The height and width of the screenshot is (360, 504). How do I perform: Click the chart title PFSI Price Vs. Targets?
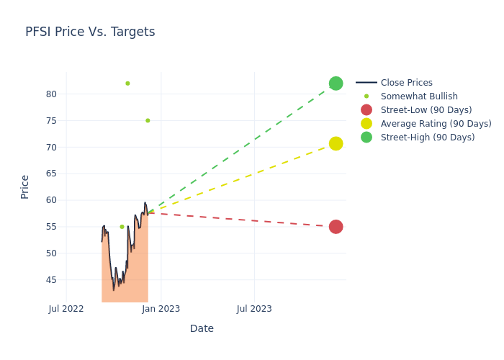pos(90,32)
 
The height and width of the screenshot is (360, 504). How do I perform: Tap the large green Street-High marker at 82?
pos(336,84)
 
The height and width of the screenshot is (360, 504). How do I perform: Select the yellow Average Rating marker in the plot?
pos(336,143)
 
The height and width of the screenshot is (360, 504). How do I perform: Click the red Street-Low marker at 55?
pos(336,227)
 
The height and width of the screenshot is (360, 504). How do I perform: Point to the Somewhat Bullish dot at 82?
pos(127,84)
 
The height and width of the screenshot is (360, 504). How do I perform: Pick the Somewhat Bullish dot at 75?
pos(148,120)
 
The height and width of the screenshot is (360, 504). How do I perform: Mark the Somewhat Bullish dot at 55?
pos(122,227)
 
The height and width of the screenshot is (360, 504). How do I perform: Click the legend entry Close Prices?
pos(406,83)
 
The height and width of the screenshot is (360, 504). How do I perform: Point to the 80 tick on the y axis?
pos(50,94)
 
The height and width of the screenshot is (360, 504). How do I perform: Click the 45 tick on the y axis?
pos(50,280)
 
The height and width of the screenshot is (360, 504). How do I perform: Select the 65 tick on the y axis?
pos(50,174)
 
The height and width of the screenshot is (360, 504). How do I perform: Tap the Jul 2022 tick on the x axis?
pos(66,309)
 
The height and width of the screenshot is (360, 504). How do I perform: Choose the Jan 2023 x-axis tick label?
pos(161,309)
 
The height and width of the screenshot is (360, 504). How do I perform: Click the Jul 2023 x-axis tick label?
pos(254,309)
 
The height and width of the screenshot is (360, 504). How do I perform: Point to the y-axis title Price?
pos(25,186)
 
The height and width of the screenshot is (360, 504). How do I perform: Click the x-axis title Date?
pos(202,329)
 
